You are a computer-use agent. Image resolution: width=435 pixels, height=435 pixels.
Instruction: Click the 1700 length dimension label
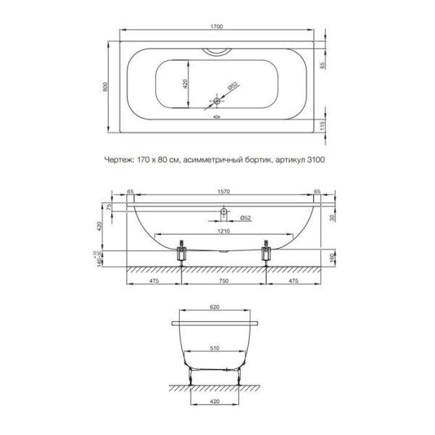coord(217,27)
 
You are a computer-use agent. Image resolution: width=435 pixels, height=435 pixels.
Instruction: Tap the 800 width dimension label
coord(105,86)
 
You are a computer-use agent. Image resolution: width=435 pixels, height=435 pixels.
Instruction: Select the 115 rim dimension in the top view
coord(322,125)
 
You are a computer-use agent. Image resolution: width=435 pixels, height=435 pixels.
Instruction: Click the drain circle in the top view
coord(217,101)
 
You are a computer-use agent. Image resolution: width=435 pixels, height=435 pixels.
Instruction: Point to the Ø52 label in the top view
coord(233,86)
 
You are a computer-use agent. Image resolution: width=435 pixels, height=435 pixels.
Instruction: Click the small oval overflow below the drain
coord(217,117)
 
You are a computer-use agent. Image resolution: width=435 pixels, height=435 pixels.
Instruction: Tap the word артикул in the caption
coord(290,160)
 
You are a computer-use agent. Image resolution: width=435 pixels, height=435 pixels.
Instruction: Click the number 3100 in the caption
coord(316,159)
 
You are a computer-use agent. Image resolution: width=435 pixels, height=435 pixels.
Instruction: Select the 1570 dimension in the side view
coord(223,191)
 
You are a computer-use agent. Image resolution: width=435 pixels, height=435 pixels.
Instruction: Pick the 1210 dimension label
coord(223,231)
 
